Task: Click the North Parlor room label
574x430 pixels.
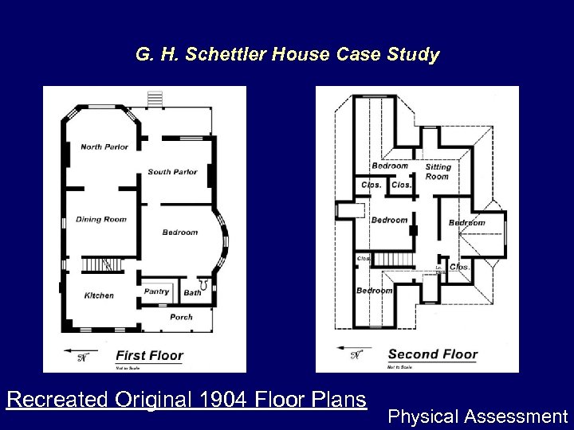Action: click(x=104, y=147)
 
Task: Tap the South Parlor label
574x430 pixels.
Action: click(x=172, y=172)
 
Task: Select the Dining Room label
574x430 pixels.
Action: click(x=101, y=220)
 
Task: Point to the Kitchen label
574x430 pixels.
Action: click(x=99, y=295)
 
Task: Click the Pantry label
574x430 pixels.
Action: click(x=156, y=291)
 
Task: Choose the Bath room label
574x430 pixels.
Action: click(x=192, y=293)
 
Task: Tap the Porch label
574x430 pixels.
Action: click(x=181, y=317)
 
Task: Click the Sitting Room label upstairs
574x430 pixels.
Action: click(x=438, y=171)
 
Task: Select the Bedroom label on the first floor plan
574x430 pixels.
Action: click(x=179, y=233)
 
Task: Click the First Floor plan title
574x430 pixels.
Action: click(x=150, y=356)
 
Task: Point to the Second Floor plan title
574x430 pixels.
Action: click(x=433, y=354)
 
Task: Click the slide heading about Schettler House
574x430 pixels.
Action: click(x=287, y=56)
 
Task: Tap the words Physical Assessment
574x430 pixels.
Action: click(x=478, y=416)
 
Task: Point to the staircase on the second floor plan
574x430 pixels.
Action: click(x=391, y=260)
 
